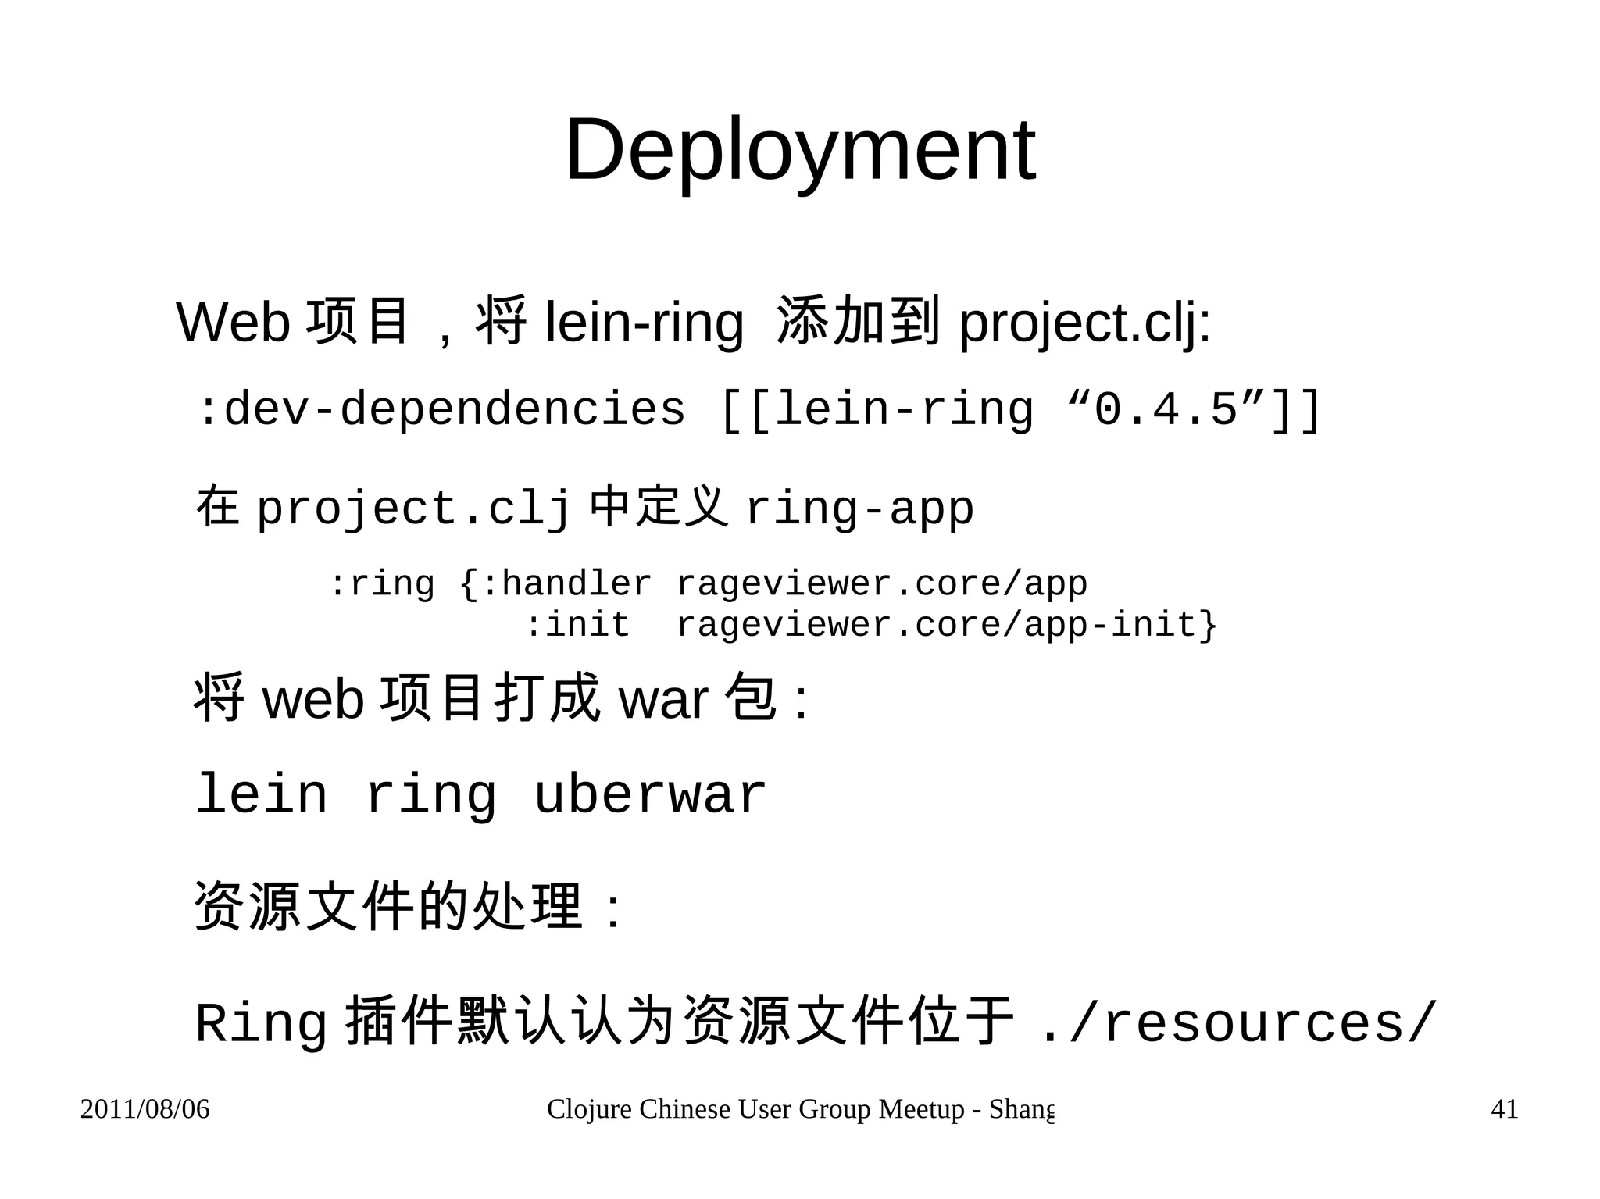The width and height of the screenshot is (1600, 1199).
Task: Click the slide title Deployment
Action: tap(800, 149)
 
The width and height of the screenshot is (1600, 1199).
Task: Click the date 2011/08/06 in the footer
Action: tap(145, 1109)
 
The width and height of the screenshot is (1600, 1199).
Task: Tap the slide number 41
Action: tap(1504, 1109)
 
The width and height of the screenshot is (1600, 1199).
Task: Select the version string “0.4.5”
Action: tap(1166, 409)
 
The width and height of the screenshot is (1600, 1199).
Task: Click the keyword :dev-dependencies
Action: tap(441, 409)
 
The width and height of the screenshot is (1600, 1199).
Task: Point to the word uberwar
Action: tap(649, 795)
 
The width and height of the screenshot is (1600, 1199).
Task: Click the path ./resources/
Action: tap(1237, 1023)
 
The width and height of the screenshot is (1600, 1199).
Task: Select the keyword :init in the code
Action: tap(577, 625)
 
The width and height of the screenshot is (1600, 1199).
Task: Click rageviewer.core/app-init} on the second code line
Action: tap(946, 625)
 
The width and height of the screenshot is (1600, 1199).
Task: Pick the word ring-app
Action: tap(859, 509)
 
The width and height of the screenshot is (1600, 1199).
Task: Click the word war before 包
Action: tap(663, 700)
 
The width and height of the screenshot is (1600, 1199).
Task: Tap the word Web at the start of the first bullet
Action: tap(234, 322)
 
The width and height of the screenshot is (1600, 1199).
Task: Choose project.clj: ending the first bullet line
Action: tap(1084, 322)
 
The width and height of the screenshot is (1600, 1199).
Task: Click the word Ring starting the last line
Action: tap(261, 1023)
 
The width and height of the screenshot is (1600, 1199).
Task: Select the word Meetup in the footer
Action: tap(921, 1109)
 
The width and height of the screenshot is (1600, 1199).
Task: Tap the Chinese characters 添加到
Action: tap(857, 320)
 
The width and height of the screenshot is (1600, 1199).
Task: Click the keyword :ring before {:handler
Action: tap(381, 584)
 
